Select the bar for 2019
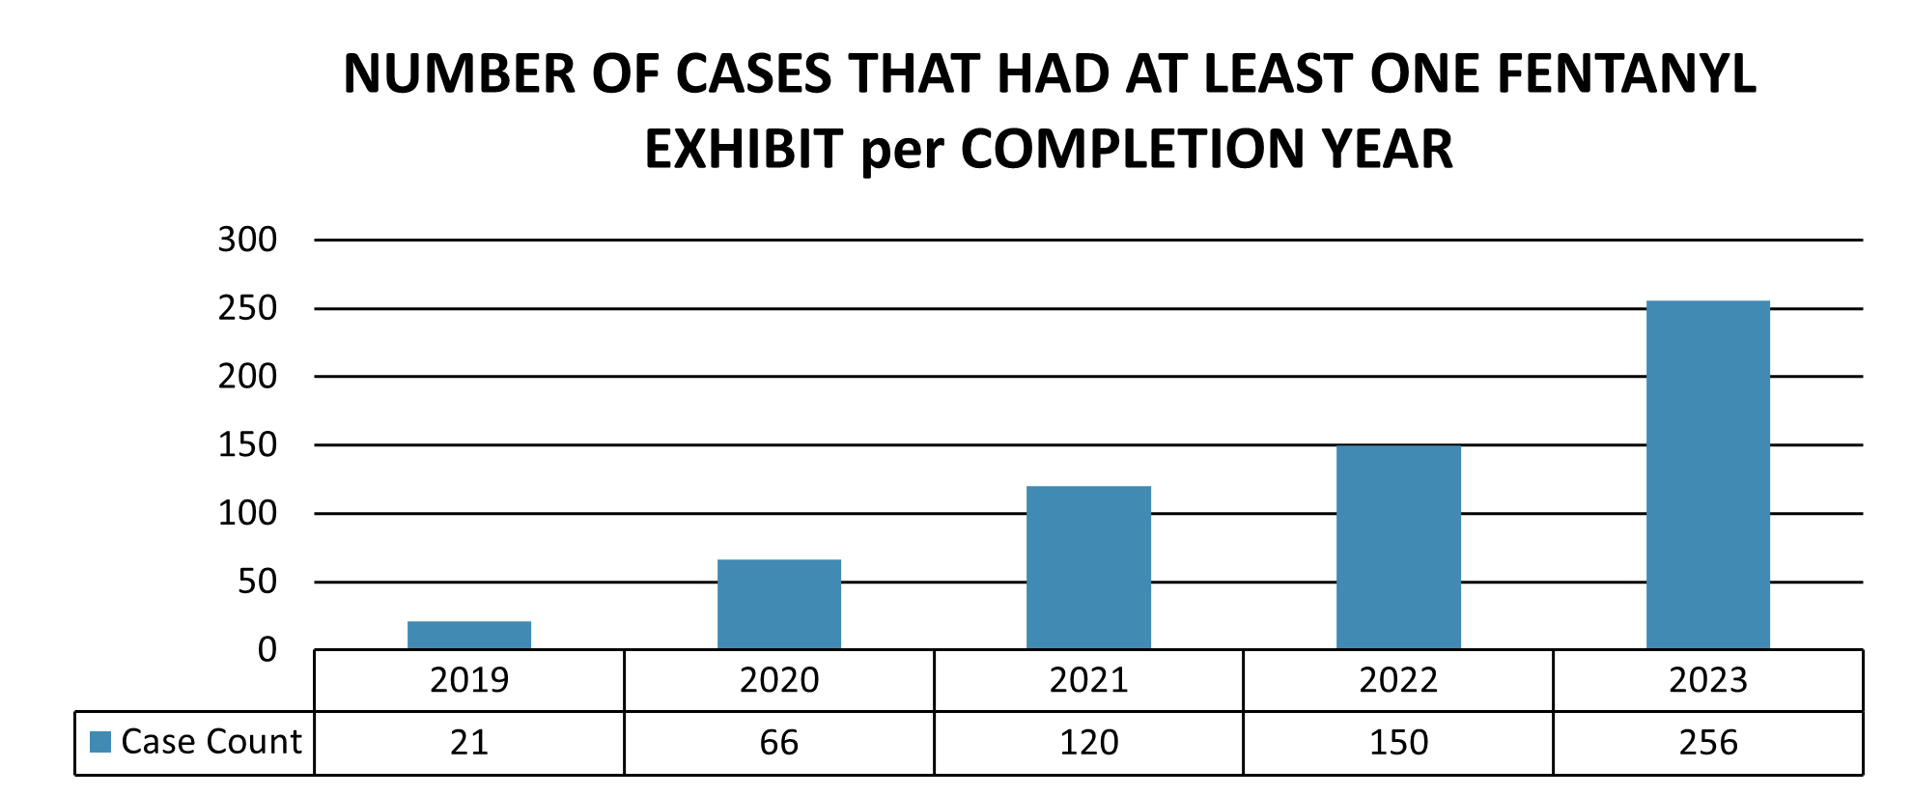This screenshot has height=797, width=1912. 469,635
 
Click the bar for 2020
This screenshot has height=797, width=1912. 779,604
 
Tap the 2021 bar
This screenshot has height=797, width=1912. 1088,567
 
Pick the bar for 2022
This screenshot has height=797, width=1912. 1398,547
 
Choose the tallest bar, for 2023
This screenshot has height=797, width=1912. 1707,474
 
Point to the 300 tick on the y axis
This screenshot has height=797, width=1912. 247,240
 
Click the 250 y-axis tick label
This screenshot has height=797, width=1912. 247,308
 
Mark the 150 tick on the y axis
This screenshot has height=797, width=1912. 247,445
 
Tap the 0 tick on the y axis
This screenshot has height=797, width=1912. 267,650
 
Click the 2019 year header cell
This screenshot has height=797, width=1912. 469,680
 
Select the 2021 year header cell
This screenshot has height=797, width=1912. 1088,680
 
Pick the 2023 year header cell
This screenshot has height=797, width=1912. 1707,680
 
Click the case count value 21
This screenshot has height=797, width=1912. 469,743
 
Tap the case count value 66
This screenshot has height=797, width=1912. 779,743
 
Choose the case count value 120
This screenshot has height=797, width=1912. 1088,743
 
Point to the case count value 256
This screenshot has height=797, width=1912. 1707,743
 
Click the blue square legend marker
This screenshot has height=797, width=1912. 100,742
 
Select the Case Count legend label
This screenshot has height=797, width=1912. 211,742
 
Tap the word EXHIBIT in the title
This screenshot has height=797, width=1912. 744,150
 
